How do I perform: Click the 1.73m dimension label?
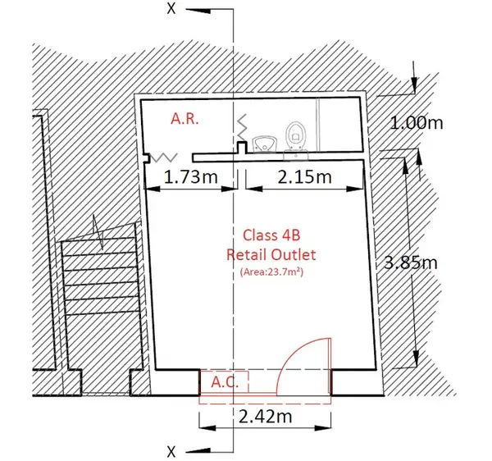point(191,177)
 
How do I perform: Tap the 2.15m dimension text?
point(305,177)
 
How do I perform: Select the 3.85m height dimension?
point(411,262)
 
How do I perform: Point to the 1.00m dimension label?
point(417,123)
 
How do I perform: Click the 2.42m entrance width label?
point(266,417)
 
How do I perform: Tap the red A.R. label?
point(184,119)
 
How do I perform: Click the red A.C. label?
point(225,382)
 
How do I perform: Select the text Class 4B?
point(271,235)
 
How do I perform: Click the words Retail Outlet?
point(271,254)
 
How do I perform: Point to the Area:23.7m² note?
point(271,272)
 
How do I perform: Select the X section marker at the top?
point(171,8)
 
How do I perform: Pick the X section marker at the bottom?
point(171,452)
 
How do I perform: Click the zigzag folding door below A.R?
point(164,157)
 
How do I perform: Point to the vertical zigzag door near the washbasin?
point(241,128)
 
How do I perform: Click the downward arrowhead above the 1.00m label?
point(414,84)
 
